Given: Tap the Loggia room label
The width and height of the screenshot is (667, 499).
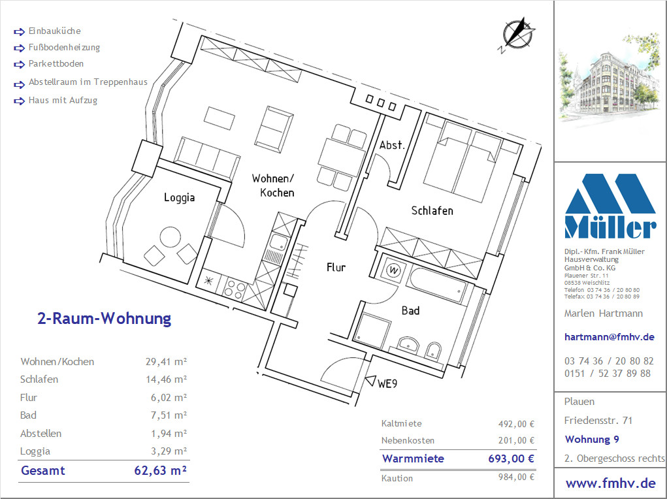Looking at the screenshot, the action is tap(180, 197).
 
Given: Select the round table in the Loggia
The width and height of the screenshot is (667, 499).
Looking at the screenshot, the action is tap(170, 237).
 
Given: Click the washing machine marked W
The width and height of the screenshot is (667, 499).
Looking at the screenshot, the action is tap(394, 270).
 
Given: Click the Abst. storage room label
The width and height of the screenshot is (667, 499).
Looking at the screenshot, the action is tap(392, 145).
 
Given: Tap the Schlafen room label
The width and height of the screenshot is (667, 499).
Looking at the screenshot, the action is tap(432, 210).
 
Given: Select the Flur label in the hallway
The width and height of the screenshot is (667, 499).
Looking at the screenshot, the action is tap(336, 267).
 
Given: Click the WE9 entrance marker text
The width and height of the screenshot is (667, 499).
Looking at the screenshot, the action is tap(387, 383).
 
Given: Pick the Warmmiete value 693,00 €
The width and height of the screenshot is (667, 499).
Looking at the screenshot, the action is tap(511, 459).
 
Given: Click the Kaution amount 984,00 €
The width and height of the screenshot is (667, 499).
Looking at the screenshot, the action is tap(516, 477).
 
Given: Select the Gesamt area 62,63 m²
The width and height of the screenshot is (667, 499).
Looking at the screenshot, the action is tap(160, 470).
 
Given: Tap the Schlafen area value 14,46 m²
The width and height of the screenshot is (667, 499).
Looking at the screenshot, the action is tap(167, 379).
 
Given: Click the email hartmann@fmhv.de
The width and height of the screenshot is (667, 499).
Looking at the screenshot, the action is tap(609, 337).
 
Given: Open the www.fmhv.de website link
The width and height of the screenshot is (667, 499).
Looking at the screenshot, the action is tap(610, 483).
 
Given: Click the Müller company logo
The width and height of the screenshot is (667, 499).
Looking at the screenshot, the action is tap(610, 206).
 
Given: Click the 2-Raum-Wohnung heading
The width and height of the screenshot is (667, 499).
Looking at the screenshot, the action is tap(105, 318).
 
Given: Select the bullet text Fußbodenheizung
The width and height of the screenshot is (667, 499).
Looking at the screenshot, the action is tap(64, 47).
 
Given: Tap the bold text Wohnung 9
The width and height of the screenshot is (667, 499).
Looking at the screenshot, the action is tap(592, 440).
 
